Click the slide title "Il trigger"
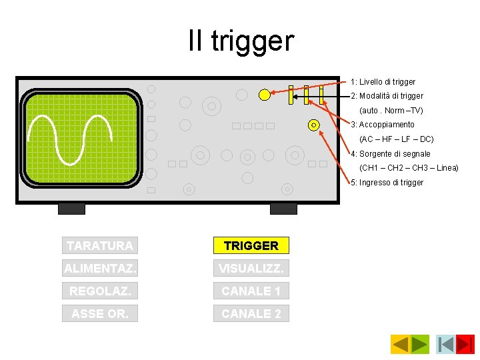tap(241, 41)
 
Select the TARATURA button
tap(100, 245)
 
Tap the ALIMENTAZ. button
tap(100, 268)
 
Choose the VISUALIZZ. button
tap(251, 268)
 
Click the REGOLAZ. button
tap(100, 291)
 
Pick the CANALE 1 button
tap(251, 291)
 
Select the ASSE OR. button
tap(100, 313)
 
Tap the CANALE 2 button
tap(251, 313)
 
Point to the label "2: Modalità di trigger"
tap(387, 96)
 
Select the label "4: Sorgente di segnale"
tap(391, 154)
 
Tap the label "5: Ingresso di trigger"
tap(387, 183)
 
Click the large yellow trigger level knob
tap(265, 95)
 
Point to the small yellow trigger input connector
tap(313, 125)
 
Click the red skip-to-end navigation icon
tap(465, 344)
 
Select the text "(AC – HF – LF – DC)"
tap(396, 139)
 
